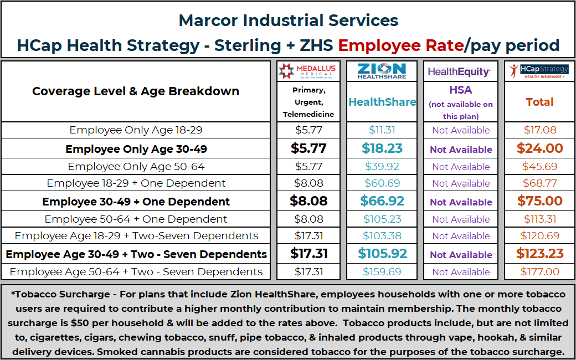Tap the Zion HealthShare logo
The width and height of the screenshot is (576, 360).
[382, 71]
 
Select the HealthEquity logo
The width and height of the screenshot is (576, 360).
[459, 72]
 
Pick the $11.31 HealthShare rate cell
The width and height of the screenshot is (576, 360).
[382, 130]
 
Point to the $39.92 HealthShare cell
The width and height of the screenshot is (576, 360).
[382, 167]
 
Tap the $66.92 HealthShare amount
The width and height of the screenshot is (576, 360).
[382, 201]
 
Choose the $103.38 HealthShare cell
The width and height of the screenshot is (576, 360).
[382, 236]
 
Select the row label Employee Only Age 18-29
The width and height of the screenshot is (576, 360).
[136, 130]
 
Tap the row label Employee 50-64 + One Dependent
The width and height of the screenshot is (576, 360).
[136, 219]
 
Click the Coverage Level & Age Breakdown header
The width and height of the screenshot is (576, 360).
[136, 91]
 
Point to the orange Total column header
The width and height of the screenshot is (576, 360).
[539, 102]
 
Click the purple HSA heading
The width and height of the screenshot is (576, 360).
[460, 90]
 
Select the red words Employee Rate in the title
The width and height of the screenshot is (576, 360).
[400, 45]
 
